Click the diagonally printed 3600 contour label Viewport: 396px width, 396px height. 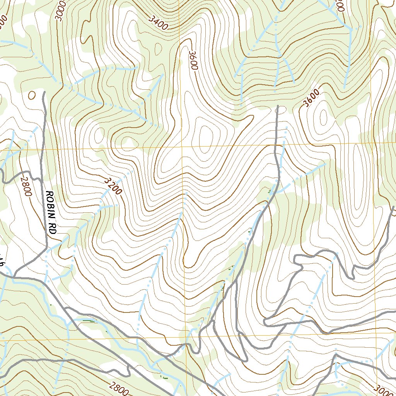point(312,98)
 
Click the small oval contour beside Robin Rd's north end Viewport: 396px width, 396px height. point(32,95)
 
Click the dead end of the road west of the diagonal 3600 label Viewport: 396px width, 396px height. point(278,106)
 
